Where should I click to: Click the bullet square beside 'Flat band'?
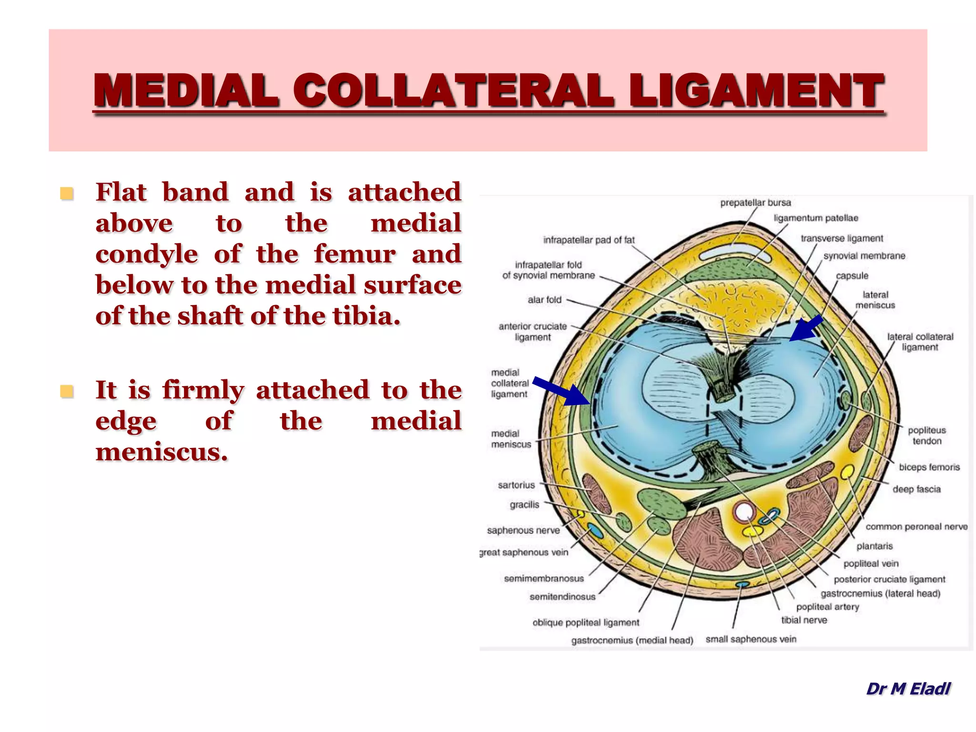67,193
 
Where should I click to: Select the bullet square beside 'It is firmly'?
67,392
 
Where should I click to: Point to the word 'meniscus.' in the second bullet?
162,452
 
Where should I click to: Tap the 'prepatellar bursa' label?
755,203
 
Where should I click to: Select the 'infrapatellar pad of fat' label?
589,240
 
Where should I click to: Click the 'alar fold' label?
544,300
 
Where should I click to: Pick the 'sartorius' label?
516,485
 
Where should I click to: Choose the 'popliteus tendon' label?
926,436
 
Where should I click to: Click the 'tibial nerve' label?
804,620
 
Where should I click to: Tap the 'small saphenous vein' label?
751,639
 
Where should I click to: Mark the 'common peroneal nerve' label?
916,527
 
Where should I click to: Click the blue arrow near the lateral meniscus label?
806,328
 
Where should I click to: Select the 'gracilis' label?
524,505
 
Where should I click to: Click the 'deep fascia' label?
916,489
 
